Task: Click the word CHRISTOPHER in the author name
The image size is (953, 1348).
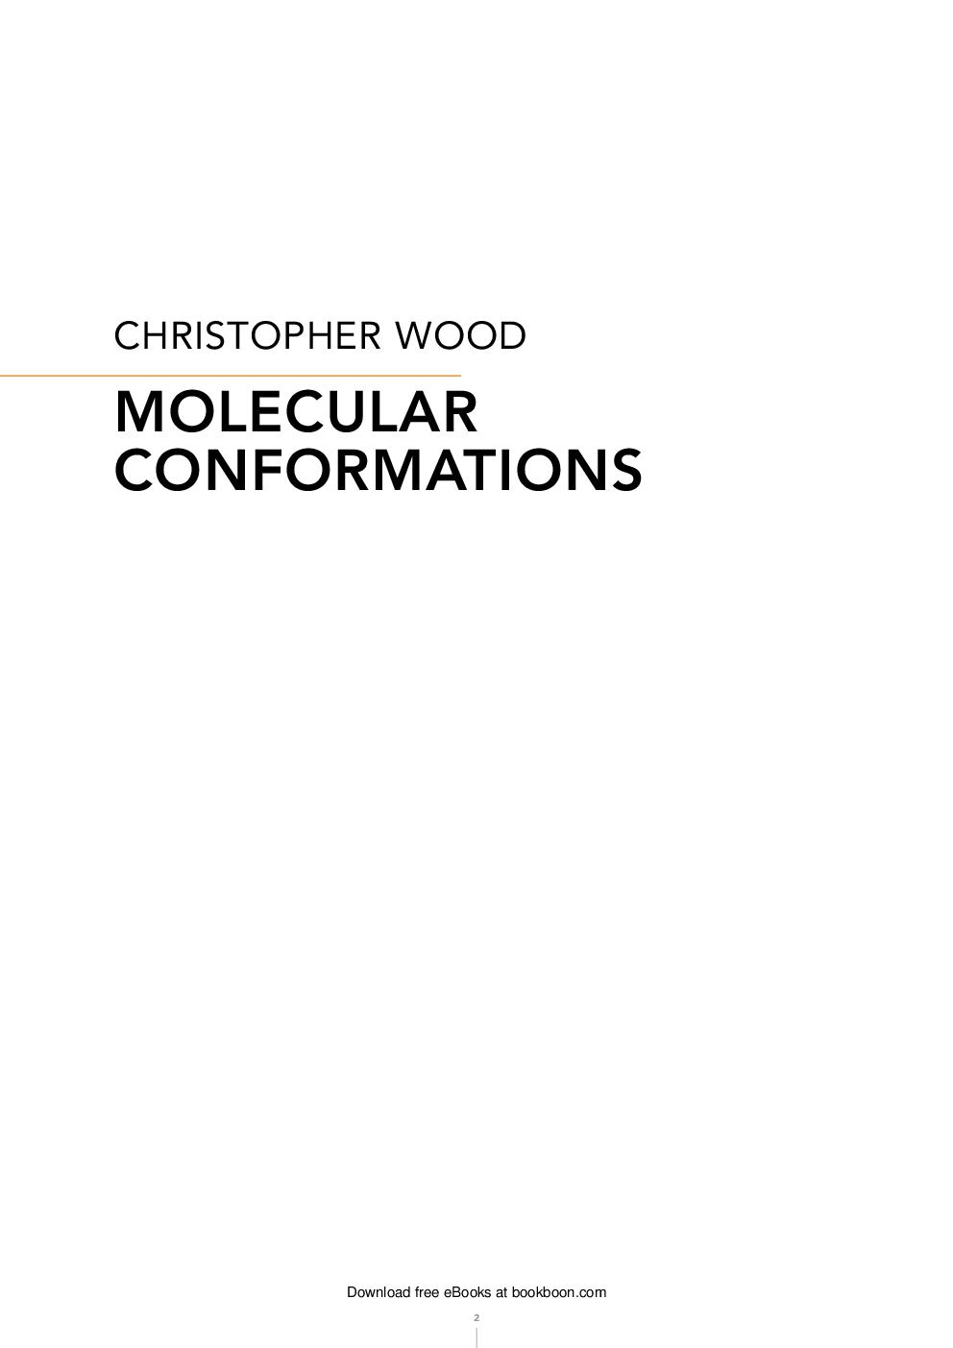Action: coord(245,335)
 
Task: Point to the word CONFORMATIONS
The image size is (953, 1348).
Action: coord(379,470)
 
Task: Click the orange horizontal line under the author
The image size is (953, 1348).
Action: coord(231,375)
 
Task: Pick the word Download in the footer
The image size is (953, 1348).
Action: coord(379,1292)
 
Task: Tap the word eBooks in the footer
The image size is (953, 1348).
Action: coord(468,1292)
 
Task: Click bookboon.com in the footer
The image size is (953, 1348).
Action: coord(559,1292)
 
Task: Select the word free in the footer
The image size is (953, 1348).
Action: coord(428,1292)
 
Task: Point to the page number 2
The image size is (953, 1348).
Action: coord(476,1316)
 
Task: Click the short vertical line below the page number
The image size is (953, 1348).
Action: coord(476,1336)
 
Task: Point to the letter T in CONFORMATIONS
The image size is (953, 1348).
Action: coord(467,470)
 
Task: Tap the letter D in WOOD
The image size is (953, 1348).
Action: coord(511,335)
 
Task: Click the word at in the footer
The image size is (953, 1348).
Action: coord(501,1292)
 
